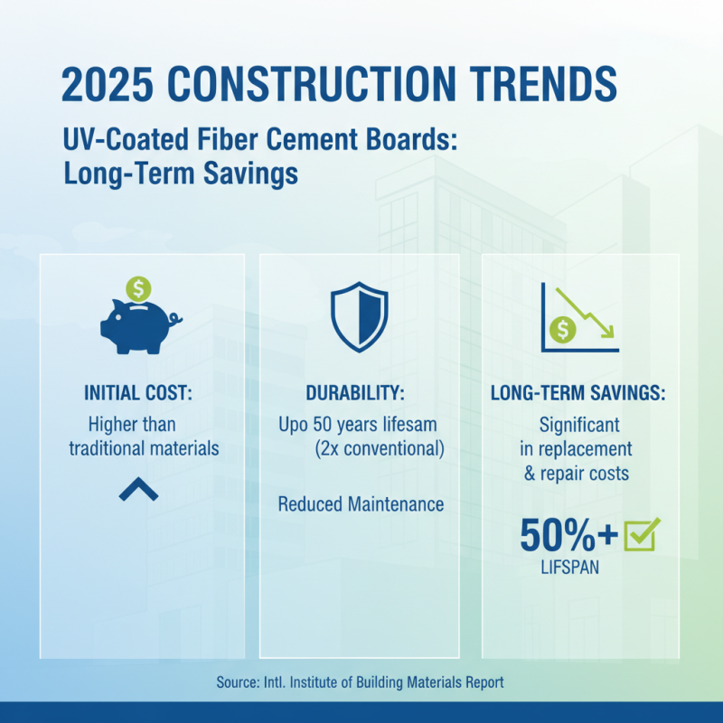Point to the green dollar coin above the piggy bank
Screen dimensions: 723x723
(x=139, y=288)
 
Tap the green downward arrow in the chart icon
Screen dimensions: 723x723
(x=587, y=311)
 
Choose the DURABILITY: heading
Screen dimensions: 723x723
(x=360, y=394)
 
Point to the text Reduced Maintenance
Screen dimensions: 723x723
(x=361, y=503)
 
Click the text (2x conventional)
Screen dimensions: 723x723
(x=380, y=448)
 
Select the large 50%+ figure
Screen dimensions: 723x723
(x=568, y=535)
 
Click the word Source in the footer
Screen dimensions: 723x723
(x=237, y=682)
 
